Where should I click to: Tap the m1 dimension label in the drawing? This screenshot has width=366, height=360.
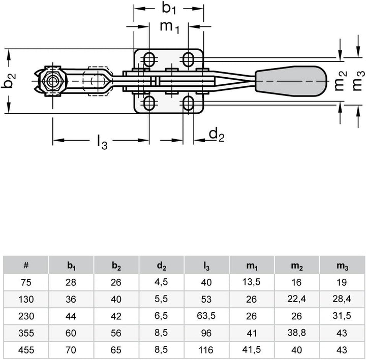(x=169, y=26)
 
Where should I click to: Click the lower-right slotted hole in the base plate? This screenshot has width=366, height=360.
(x=189, y=104)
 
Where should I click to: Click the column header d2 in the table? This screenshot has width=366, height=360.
(x=161, y=265)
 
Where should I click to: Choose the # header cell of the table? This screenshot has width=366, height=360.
(x=26, y=265)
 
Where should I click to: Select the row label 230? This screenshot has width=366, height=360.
(x=26, y=315)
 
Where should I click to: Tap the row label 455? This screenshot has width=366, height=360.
(x=26, y=349)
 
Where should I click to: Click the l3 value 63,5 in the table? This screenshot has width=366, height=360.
(x=206, y=315)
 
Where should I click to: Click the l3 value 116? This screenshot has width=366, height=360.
(x=206, y=349)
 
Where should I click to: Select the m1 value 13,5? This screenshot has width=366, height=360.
(x=251, y=282)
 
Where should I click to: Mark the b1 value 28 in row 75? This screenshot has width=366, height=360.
(x=71, y=282)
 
